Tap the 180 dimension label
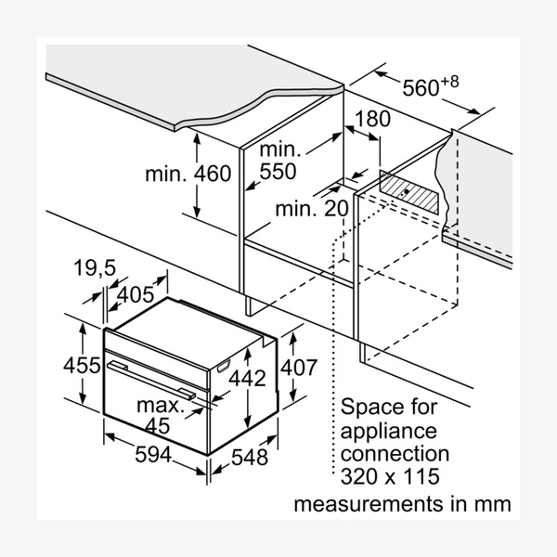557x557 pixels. point(372,120)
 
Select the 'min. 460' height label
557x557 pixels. point(188,174)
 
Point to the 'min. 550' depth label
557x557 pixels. point(278,161)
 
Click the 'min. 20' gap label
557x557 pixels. point(310,210)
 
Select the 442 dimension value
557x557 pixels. point(247,378)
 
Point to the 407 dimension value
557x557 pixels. point(299,369)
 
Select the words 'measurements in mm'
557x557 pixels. point(402,505)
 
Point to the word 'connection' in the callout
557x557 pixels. point(395,455)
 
